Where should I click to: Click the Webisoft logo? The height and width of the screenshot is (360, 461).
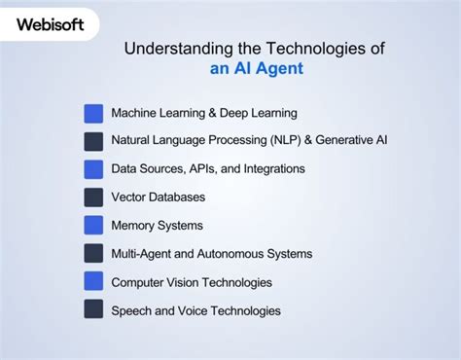coord(50,21)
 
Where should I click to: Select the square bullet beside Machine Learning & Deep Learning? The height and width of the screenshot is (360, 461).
coord(93,113)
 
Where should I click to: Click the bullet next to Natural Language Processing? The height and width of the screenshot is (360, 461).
coord(93,141)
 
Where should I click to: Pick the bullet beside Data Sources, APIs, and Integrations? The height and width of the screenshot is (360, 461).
coord(93,169)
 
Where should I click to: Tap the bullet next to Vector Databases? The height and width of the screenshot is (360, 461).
coord(93,198)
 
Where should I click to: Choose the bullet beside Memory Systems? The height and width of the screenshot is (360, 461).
coord(93,226)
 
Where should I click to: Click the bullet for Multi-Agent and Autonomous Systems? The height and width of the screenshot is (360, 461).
coord(93,254)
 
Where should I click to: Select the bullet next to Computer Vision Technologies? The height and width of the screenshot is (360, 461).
coord(93,282)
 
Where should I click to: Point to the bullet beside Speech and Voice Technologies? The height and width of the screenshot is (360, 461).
coord(93,310)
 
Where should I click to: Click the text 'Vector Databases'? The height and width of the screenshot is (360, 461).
coord(158,198)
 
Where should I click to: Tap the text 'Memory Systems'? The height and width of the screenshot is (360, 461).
coord(157,226)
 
